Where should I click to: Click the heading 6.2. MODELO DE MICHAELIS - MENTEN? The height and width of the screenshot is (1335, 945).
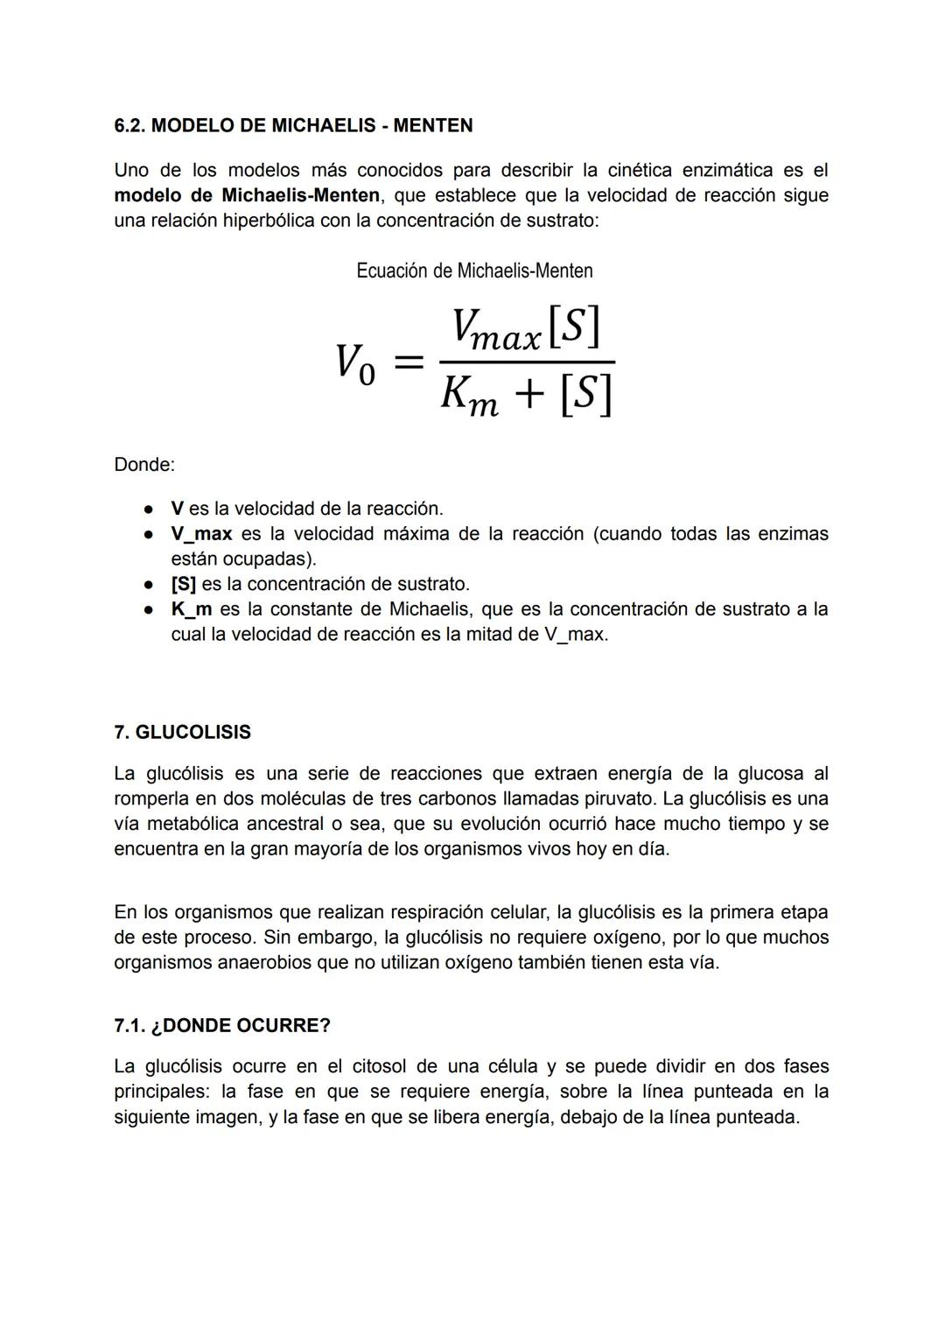pos(293,126)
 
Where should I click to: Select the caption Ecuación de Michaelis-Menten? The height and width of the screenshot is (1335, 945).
pos(474,271)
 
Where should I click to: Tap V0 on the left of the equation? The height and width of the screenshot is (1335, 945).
pos(355,363)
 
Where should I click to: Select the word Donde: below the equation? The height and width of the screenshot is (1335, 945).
pos(144,465)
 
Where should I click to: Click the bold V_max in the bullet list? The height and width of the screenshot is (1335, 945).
pos(201,534)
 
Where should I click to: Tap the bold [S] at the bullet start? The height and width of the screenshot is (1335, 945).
pos(183,584)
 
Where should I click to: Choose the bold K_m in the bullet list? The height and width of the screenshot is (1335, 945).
pos(192,609)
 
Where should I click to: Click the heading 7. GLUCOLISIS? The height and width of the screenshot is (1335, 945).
pos(182,733)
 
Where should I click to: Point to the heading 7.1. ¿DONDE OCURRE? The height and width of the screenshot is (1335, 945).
pos(222,1026)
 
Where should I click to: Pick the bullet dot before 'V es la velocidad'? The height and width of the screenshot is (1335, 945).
pos(150,509)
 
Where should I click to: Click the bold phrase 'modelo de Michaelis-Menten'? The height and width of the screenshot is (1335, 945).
pos(247,195)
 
